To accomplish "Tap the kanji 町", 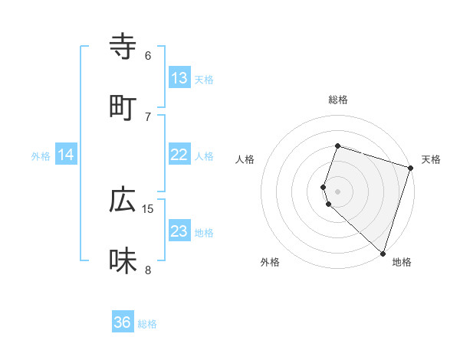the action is [x=123, y=106].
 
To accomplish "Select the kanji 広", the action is [x=123, y=200].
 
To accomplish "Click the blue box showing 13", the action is [x=179, y=78].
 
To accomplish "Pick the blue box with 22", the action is [x=179, y=155].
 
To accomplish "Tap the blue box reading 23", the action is [x=179, y=231].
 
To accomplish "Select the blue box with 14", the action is [x=66, y=155].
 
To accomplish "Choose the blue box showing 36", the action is [x=123, y=322].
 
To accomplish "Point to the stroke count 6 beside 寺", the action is [x=148, y=56].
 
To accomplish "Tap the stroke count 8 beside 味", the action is [x=148, y=269].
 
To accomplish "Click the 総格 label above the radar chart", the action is [x=337, y=100].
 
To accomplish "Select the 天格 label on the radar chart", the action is [x=431, y=159].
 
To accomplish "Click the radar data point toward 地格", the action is [x=383, y=253].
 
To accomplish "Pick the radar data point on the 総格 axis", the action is [x=337, y=146].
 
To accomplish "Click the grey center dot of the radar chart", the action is [x=337, y=191].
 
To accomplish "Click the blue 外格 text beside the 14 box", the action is [x=41, y=155].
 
